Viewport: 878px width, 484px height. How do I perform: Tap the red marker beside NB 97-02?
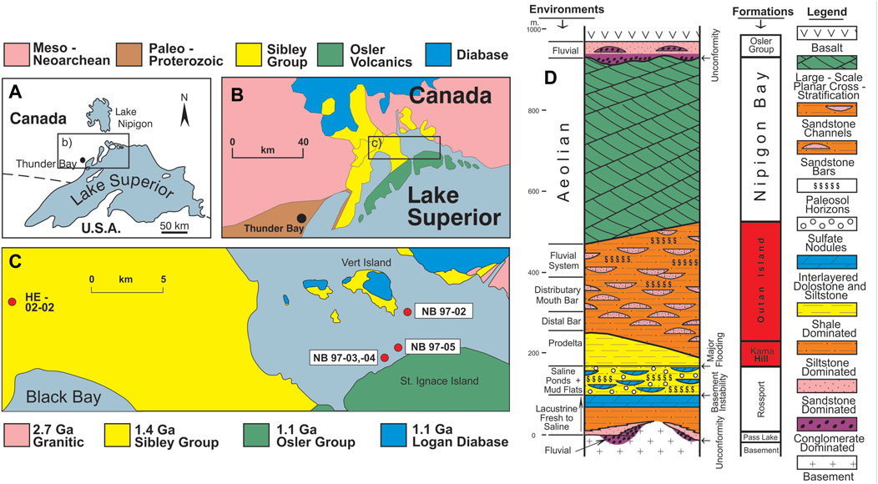pyautogui.click(x=407, y=312)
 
